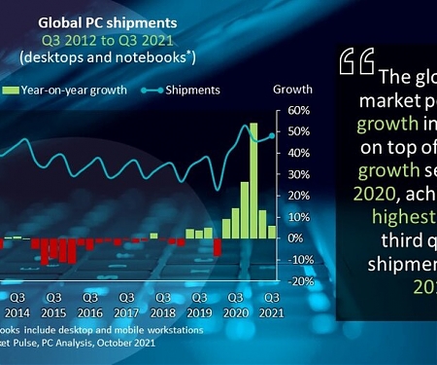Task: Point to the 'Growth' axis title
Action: point(292,89)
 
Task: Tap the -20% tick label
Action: point(295,280)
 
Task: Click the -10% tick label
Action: point(295,259)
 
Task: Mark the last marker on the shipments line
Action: point(272,135)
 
